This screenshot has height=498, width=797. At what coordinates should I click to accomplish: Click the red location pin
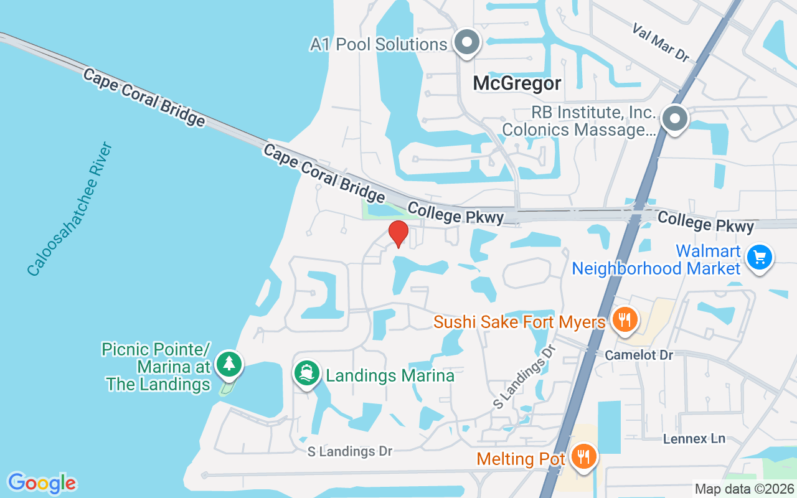[398, 233]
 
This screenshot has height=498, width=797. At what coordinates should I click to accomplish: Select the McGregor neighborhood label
[517, 83]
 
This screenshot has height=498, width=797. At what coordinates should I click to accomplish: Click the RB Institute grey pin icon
[673, 118]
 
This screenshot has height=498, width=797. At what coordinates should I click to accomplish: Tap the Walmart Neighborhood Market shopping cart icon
[759, 256]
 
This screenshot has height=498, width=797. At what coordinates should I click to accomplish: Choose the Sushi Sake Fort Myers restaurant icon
[623, 320]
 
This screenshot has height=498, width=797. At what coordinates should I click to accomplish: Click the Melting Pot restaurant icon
[583, 458]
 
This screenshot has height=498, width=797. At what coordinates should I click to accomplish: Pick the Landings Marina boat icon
[306, 374]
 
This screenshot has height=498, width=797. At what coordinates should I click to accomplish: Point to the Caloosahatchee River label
[70, 209]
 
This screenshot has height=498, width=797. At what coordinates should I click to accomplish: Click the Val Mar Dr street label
[661, 43]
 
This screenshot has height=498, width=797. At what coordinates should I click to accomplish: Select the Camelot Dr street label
[639, 355]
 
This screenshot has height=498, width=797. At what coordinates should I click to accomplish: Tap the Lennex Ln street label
[694, 439]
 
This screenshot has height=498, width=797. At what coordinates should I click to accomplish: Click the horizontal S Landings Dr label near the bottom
[350, 451]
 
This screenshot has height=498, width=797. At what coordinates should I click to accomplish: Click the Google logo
[42, 483]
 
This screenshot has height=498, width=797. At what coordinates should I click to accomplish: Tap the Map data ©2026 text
[743, 489]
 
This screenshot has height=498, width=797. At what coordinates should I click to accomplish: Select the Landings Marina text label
[390, 375]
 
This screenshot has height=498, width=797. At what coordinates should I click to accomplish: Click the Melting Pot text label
[521, 459]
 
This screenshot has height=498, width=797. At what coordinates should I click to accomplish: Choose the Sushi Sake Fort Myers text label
[519, 322]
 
